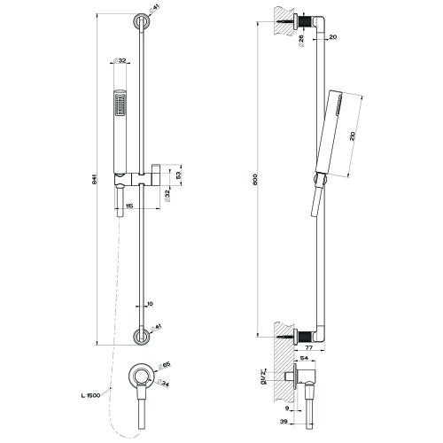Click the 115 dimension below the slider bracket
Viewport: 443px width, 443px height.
click(128, 206)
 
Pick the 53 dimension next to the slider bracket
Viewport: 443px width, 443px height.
click(178, 176)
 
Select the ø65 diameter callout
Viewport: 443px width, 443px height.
click(166, 363)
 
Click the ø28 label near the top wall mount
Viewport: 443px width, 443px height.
click(302, 37)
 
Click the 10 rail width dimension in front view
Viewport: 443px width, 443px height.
click(152, 303)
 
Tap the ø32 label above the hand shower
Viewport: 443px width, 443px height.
click(120, 62)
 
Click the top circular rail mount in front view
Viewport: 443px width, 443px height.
click(141, 21)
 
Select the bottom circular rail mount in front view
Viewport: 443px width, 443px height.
click(141, 334)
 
